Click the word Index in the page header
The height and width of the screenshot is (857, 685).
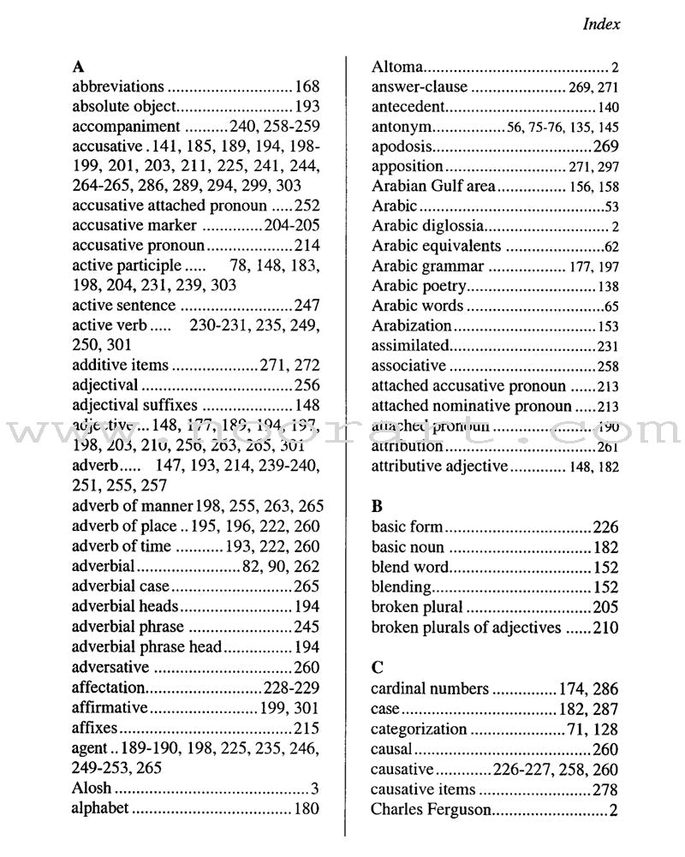pos(601,24)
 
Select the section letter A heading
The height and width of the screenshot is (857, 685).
pos(78,65)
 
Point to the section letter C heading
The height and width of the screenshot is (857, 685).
pos(378,667)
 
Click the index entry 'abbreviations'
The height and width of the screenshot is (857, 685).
pos(117,86)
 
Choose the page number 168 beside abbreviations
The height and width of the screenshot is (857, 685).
pos(307,86)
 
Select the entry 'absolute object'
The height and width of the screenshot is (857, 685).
pos(123,106)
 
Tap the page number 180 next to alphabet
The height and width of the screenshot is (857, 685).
pos(307,808)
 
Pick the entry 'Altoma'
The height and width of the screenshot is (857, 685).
pos(397,66)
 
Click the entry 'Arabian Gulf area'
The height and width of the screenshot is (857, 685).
pos(433,186)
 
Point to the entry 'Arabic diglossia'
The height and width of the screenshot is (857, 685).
pos(428,226)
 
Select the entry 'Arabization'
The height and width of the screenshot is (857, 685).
pos(411,325)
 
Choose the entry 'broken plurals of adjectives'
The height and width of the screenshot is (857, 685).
pos(466,628)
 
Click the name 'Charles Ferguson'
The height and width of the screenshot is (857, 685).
pos(431,809)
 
